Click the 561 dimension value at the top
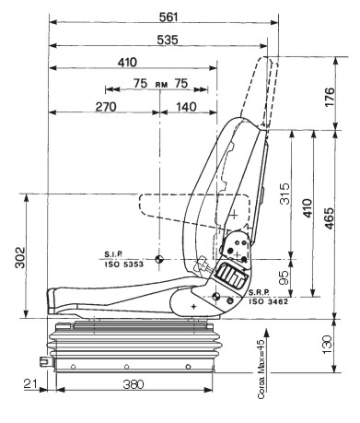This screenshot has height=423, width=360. click(x=168, y=18)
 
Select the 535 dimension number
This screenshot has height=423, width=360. click(x=168, y=40)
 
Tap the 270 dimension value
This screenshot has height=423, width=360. click(x=106, y=107)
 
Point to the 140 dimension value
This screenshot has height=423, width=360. click(x=186, y=107)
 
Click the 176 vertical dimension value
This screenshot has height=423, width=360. click(x=330, y=97)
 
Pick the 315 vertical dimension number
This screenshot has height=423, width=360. click(x=285, y=194)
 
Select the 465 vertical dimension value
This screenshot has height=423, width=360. click(x=330, y=218)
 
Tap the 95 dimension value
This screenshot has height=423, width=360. click(x=285, y=277)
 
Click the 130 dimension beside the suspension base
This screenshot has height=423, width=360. click(x=328, y=345)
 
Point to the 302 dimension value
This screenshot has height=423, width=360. click(x=20, y=257)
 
